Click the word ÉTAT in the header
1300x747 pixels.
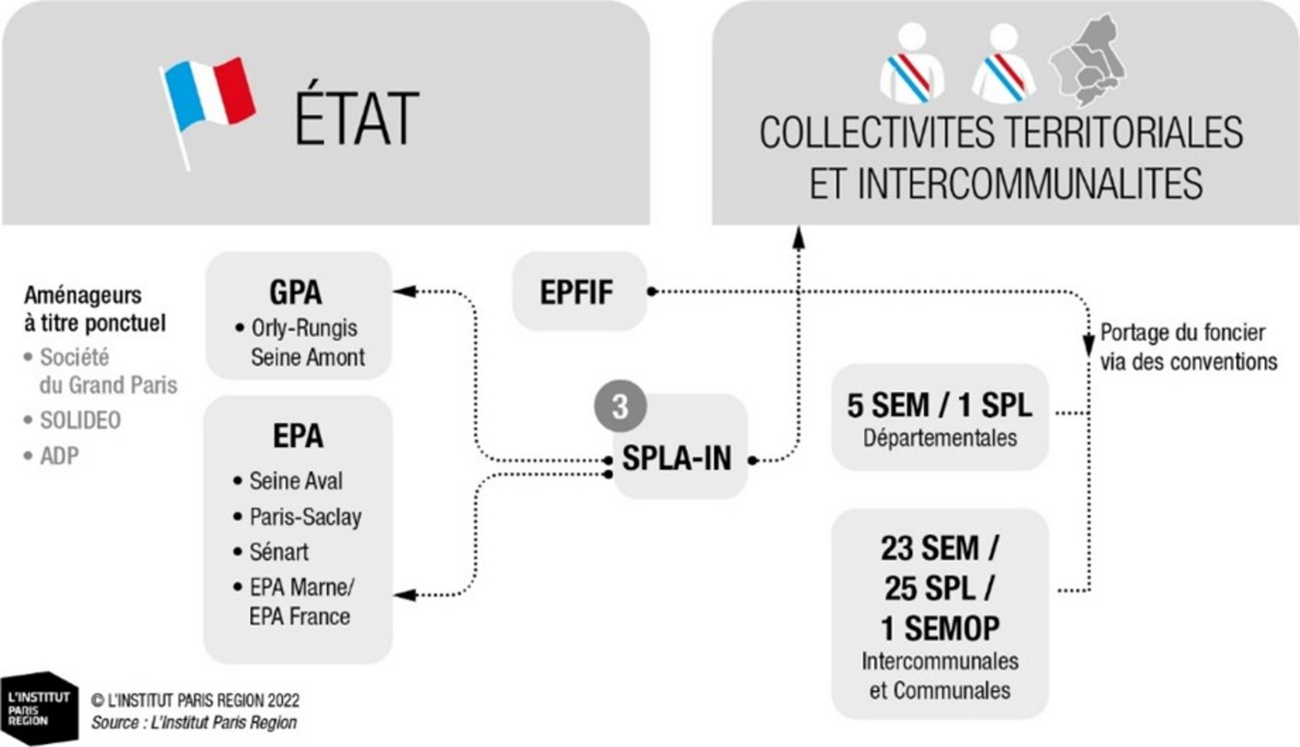[356, 120]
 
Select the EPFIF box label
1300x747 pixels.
[576, 292]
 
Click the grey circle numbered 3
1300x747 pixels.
[620, 407]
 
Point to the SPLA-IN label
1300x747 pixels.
[677, 458]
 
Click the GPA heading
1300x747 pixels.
[296, 292]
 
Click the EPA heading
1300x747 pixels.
[298, 436]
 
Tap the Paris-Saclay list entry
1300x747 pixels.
[297, 516]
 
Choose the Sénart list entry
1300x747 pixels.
[270, 552]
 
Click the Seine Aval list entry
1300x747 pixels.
[288, 480]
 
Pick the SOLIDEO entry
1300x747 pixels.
[72, 421]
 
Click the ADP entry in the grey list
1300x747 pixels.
[52, 456]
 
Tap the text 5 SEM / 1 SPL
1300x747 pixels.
[939, 406]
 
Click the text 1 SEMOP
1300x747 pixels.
[940, 628]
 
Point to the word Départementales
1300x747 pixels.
[940, 438]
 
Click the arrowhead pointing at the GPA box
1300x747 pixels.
[404, 291]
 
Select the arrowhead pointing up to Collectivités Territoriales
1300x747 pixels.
[798, 237]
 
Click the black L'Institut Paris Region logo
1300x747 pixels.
[40, 708]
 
